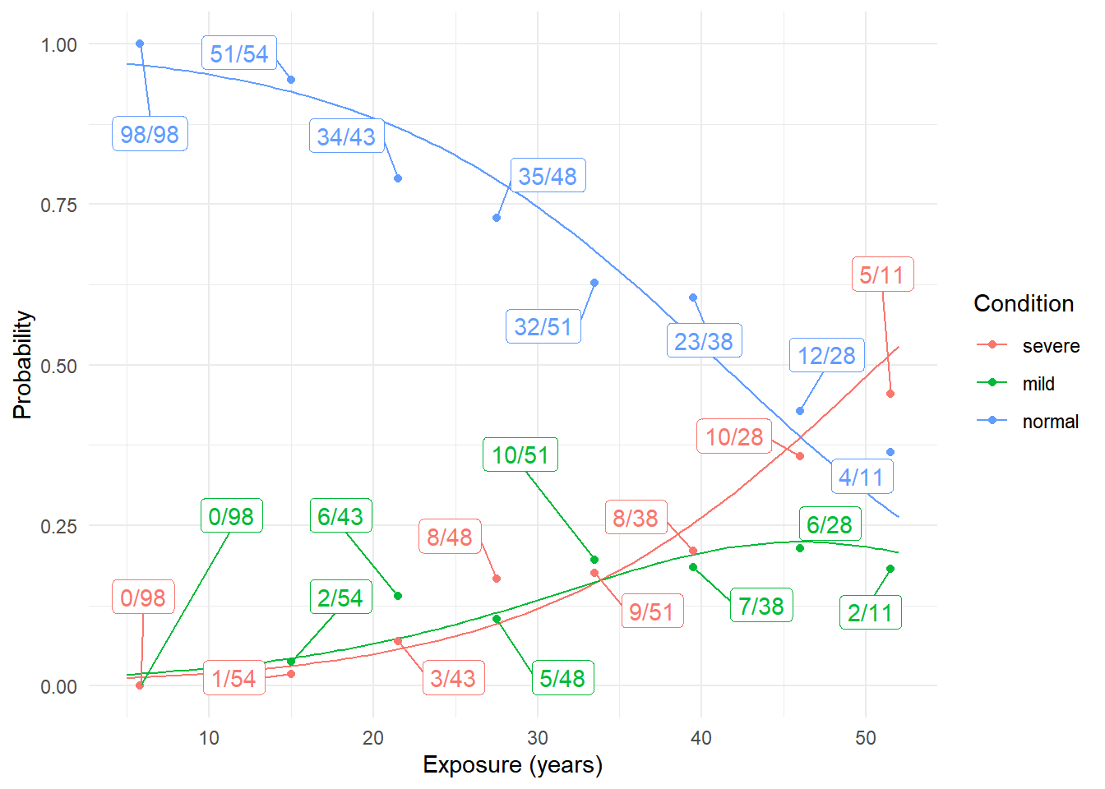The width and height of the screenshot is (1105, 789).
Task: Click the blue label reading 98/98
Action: tap(150, 134)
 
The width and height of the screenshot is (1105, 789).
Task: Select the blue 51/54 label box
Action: tap(239, 53)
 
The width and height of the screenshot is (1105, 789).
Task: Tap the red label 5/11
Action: tap(882, 275)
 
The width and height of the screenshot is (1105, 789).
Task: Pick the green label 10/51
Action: tap(520, 454)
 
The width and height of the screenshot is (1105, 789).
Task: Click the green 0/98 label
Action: tap(231, 516)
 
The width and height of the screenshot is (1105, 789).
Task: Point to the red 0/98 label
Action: tap(143, 598)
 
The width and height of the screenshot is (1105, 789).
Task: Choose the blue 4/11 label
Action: tap(861, 477)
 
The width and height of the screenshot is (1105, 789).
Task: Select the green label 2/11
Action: tap(870, 612)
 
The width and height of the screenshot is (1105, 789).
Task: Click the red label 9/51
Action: tap(651, 611)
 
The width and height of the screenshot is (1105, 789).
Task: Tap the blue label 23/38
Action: tap(704, 341)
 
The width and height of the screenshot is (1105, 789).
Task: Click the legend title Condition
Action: tap(1024, 304)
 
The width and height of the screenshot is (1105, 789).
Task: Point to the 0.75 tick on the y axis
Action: tap(58, 205)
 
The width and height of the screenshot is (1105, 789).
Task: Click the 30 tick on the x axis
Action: tap(538, 738)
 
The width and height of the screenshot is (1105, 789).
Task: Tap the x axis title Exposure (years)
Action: tap(512, 765)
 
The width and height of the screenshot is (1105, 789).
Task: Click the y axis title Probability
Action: tap(22, 365)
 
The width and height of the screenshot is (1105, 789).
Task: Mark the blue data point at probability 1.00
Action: tap(140, 44)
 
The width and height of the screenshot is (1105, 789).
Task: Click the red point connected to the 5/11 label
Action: tap(890, 394)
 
